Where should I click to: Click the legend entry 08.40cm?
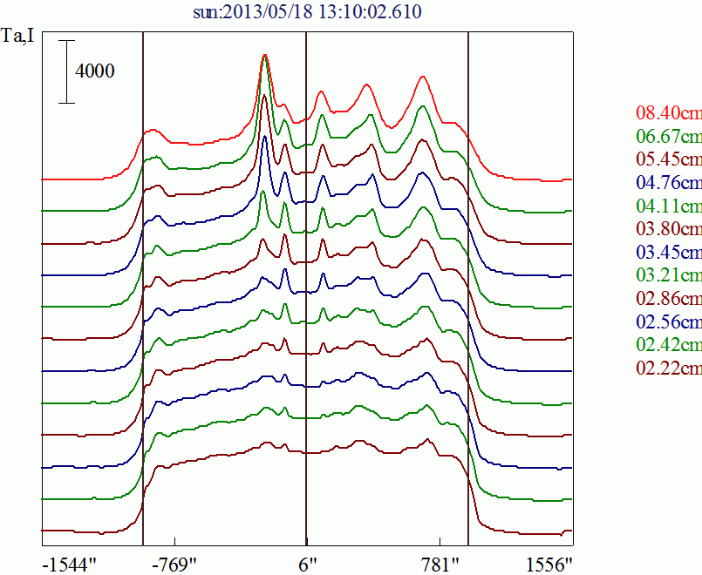669,112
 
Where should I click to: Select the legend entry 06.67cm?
669,136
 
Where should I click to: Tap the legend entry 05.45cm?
669,159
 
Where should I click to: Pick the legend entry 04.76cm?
669,182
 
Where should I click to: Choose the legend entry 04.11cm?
669,206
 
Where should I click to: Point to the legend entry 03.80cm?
669,229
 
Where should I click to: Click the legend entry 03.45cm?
669,252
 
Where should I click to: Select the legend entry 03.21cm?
669,275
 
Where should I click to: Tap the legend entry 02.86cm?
669,298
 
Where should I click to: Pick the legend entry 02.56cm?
669,321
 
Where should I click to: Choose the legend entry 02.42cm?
669,345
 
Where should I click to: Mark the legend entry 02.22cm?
669,368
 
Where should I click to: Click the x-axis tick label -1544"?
70,565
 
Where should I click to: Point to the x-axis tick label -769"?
174,565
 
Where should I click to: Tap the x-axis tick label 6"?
308,565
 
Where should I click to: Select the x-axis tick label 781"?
441,565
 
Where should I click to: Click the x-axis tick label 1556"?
549,565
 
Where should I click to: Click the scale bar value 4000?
94,71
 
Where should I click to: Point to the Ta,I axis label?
17,36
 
